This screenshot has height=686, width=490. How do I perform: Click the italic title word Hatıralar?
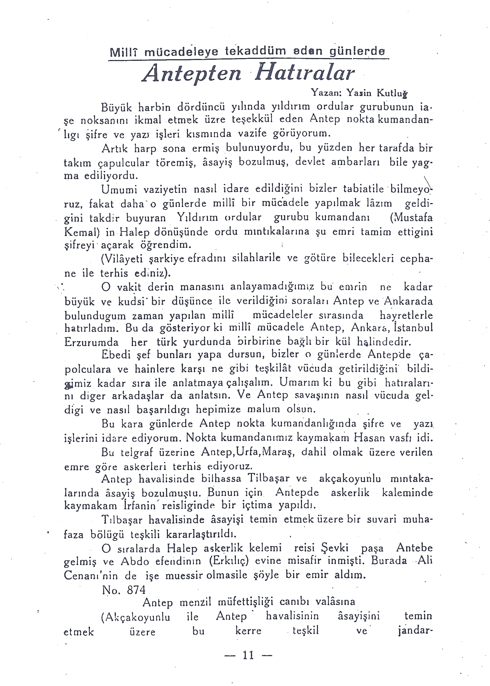tap(304, 73)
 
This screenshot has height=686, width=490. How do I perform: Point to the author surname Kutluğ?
tap(392, 93)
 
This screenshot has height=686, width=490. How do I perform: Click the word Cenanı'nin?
tap(91, 575)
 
